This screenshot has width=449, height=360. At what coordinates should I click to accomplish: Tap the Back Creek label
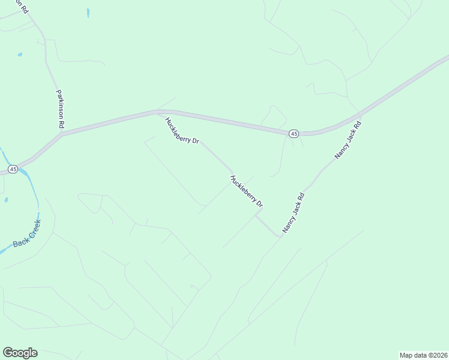(x=27, y=235)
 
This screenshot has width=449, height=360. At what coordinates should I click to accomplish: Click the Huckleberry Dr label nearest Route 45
(x=182, y=130)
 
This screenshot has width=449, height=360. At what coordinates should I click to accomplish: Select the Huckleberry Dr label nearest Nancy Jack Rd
(x=247, y=191)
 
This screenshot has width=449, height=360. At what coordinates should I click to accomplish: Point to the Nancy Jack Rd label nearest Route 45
(x=348, y=140)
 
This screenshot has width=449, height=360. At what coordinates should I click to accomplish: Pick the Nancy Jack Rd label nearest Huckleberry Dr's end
(x=294, y=212)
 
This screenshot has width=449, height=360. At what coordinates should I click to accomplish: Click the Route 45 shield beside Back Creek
(x=13, y=170)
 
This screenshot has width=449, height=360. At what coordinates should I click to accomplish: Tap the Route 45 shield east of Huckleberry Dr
(x=294, y=134)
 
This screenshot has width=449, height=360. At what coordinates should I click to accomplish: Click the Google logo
(x=20, y=353)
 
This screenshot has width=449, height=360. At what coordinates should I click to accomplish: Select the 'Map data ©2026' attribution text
(x=423, y=355)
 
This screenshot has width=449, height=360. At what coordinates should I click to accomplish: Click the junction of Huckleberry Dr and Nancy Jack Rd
(x=280, y=236)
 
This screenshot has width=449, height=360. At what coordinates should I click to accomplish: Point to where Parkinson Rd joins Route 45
(x=62, y=134)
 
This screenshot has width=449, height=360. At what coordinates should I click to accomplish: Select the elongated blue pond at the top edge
(x=88, y=13)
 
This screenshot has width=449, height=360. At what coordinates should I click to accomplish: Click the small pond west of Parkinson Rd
(x=20, y=55)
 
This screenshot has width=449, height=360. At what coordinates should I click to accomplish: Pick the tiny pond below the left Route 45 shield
(x=6, y=199)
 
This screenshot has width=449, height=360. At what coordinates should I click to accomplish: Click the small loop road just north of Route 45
(x=274, y=116)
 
